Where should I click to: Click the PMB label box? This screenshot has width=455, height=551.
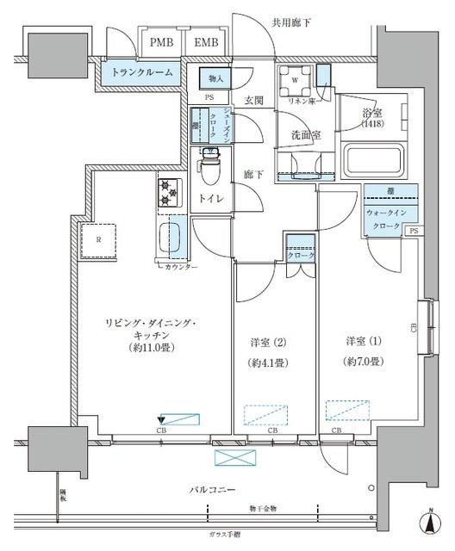pos(159,42)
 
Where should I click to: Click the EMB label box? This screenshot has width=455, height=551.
pos(205,42)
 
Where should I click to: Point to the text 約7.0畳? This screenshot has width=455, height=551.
pos(365,362)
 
